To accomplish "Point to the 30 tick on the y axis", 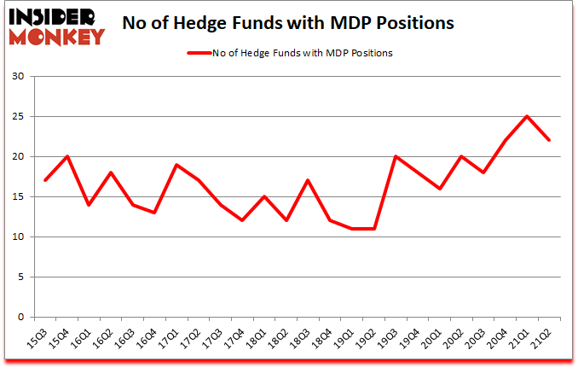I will click(x=18, y=77).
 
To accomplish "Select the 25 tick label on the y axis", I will click(x=18, y=117).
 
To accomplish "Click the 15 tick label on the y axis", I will click(x=18, y=197).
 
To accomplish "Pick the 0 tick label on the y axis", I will click(x=20, y=317).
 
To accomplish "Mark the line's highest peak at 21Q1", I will click(x=528, y=117).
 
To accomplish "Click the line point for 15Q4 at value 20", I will click(x=67, y=157).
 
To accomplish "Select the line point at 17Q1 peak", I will click(x=176, y=165).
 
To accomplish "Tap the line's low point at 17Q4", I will click(x=242, y=220).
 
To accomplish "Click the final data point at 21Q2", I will click(x=550, y=141).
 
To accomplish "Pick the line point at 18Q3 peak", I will click(x=308, y=181).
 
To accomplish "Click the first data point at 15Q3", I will click(x=44, y=181).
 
